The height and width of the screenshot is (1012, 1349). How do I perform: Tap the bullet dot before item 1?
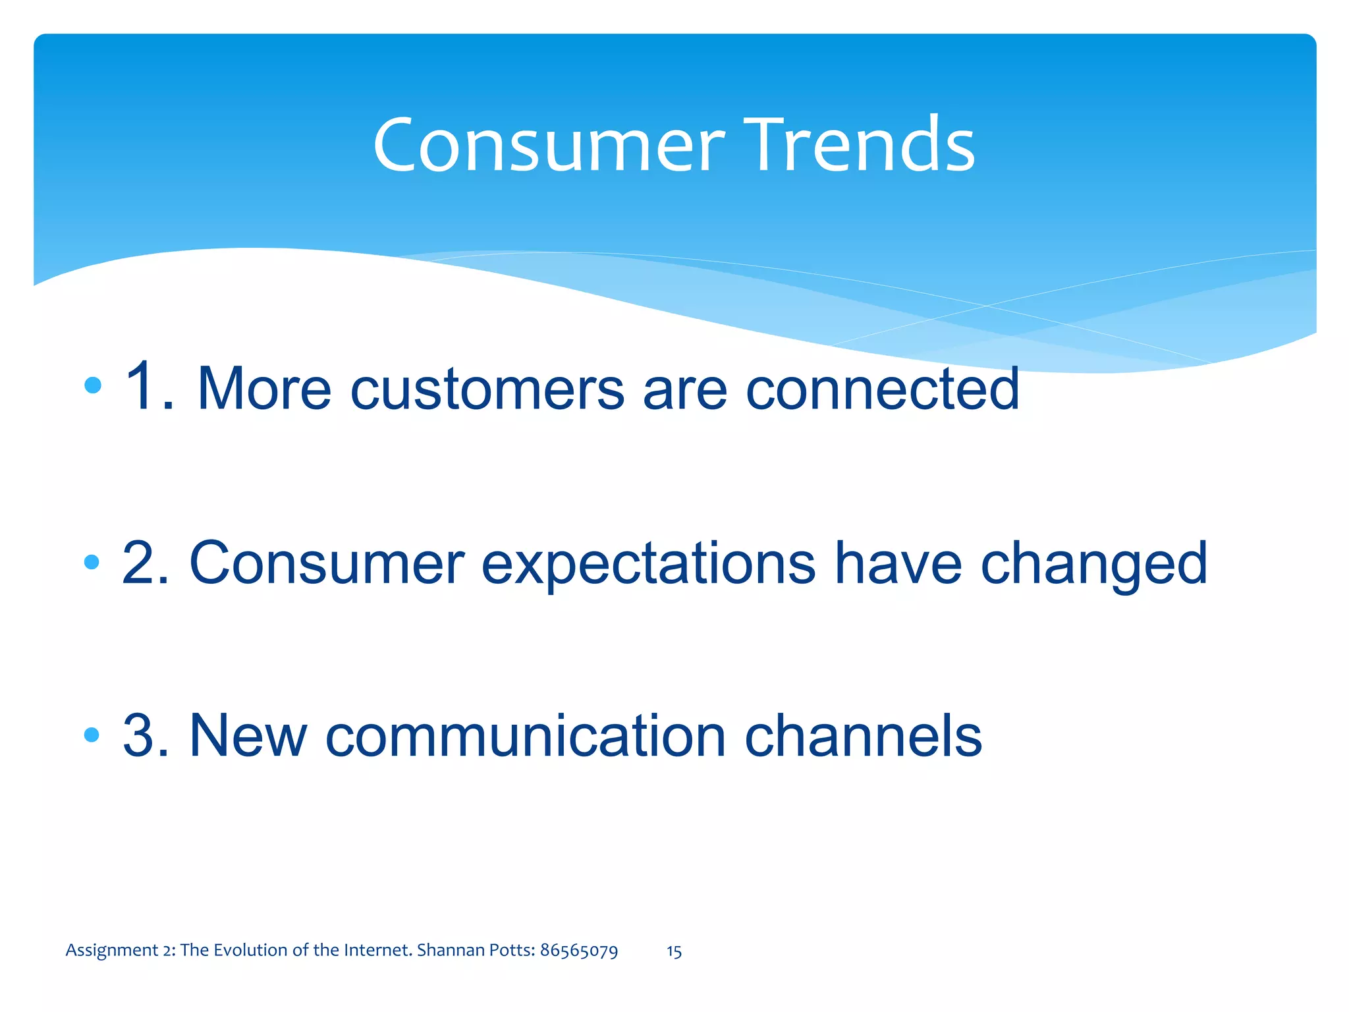[x=93, y=385]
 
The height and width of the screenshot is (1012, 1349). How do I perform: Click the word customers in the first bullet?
[x=487, y=390]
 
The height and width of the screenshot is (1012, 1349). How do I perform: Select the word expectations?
[x=648, y=565]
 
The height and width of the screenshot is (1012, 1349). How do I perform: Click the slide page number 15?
[x=674, y=951]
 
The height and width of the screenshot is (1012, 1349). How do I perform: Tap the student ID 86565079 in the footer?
[x=578, y=951]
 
